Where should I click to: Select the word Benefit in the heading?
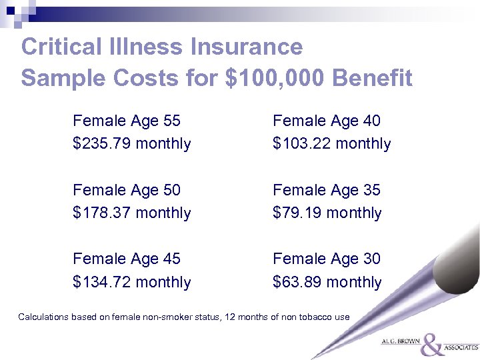coord(372,79)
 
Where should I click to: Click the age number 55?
coord(171,121)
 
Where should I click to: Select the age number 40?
coord(371,121)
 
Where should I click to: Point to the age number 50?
coord(171,190)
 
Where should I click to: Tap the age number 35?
coord(371,190)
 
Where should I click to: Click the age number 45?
coord(171,259)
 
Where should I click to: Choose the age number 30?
coord(371,259)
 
